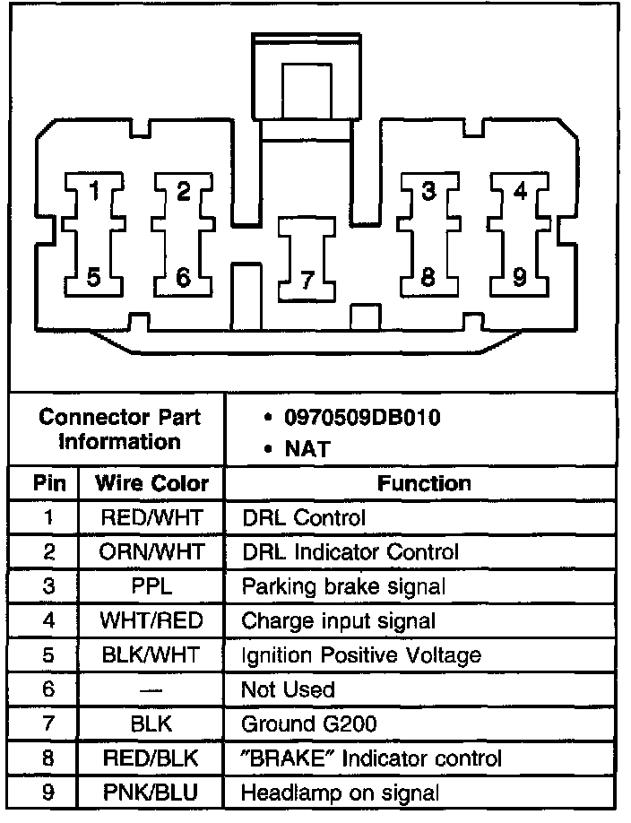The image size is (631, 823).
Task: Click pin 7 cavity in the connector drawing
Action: pyautogui.click(x=306, y=260)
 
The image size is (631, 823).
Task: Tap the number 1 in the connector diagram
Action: pyautogui.click(x=95, y=191)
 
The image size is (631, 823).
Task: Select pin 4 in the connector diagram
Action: pyautogui.click(x=520, y=191)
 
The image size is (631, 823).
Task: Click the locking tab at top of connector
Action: pyautogui.click(x=307, y=85)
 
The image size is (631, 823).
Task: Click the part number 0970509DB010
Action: pyautogui.click(x=362, y=418)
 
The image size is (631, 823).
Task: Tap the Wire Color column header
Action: pyautogui.click(x=151, y=484)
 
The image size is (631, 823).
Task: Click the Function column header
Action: pyautogui.click(x=424, y=484)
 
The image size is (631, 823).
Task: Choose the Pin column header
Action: pyautogui.click(x=49, y=484)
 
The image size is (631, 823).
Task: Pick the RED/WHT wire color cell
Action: pyautogui.click(x=151, y=518)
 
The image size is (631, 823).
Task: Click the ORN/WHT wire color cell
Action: pyautogui.click(x=151, y=552)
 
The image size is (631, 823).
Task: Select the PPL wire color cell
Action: pyautogui.click(x=151, y=586)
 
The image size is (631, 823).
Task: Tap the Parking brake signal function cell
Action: pyautogui.click(x=343, y=586)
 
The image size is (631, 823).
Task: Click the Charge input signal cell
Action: pyautogui.click(x=339, y=620)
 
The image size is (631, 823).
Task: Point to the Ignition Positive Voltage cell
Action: pyautogui.click(x=361, y=655)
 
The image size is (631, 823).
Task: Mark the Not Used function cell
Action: pyautogui.click(x=288, y=689)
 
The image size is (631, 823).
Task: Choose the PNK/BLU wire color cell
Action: pyautogui.click(x=151, y=793)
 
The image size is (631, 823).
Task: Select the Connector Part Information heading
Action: pyautogui.click(x=120, y=429)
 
